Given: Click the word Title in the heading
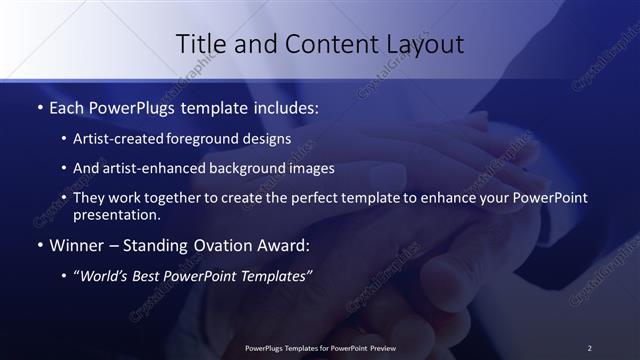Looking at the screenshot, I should (x=201, y=44).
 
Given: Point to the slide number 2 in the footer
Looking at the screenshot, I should (x=589, y=348).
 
